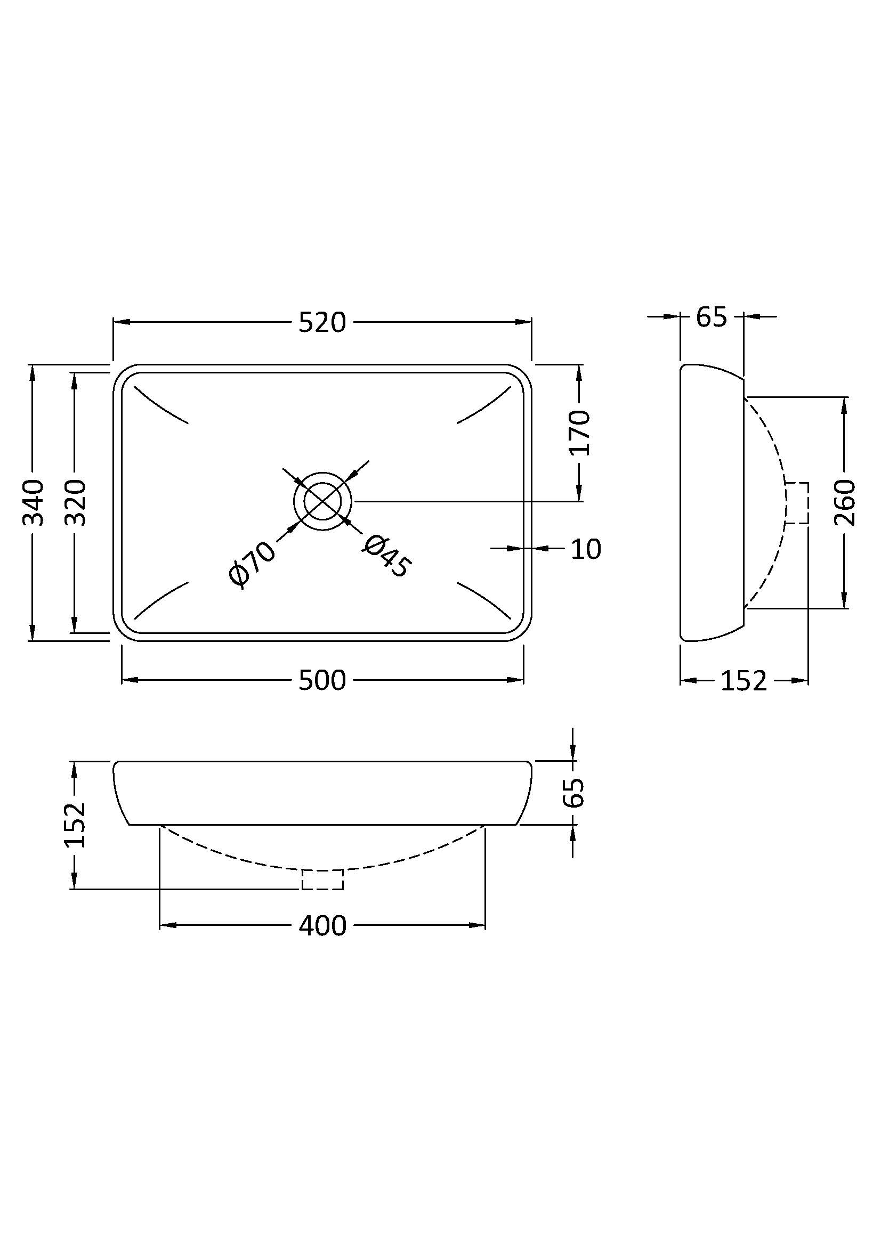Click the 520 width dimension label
pyautogui.click(x=322, y=322)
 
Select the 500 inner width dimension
pyautogui.click(x=322, y=680)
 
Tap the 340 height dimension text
pyautogui.click(x=33, y=502)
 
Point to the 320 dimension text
pyautogui.click(x=76, y=502)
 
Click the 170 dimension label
pyautogui.click(x=580, y=432)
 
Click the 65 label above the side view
pyautogui.click(x=711, y=317)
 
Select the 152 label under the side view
pyautogui.click(x=743, y=680)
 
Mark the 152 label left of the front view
pyautogui.click(x=76, y=824)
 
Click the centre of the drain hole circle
pyautogui.click(x=322, y=501)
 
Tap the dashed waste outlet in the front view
pyautogui.click(x=322, y=879)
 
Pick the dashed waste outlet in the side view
pyautogui.click(x=797, y=503)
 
